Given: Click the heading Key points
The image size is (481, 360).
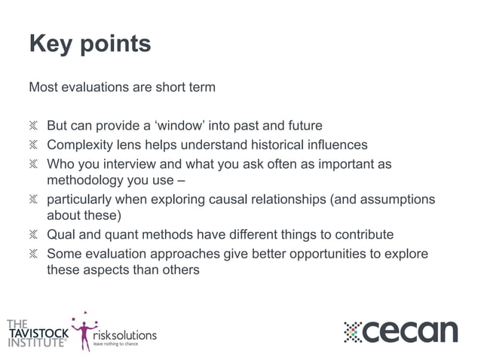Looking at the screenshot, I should [90, 44].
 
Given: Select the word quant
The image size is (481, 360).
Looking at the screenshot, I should [116, 235].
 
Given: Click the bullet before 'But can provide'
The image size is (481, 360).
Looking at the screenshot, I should [33, 126].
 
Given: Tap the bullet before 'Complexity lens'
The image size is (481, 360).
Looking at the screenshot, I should [33, 145].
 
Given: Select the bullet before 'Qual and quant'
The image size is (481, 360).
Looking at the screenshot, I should [33, 235].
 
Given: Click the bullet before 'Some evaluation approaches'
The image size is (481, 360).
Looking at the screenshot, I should [33, 254].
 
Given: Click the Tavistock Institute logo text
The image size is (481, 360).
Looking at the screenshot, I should [36, 331].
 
